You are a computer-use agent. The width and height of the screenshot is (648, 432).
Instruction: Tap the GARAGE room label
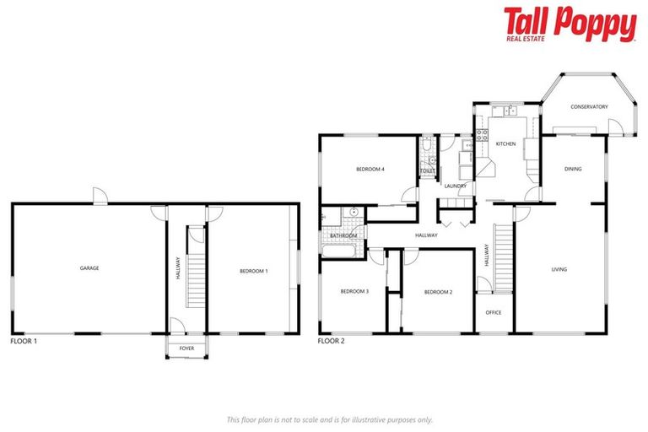pos(89,268)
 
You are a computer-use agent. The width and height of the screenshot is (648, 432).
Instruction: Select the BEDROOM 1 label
pos(253,271)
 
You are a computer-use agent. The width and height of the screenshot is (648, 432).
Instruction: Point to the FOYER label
pos(186,348)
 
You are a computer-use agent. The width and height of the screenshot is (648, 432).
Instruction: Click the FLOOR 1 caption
pos(24,342)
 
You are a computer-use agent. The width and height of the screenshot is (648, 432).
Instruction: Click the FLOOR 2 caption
pos(331,342)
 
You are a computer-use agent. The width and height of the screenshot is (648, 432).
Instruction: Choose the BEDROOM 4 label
pos(370,170)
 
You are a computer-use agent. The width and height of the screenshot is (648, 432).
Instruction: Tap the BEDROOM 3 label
pos(354,292)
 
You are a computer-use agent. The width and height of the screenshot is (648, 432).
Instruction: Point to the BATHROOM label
pos(343,235)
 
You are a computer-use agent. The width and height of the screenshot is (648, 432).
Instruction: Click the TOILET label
pos(428,171)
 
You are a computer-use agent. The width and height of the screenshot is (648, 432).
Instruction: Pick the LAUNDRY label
pos(456,186)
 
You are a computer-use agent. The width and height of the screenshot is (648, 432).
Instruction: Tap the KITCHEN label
pos(505,144)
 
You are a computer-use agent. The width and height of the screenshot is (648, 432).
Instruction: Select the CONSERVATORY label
pos(589,107)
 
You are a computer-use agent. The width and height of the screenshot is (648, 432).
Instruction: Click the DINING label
pos(573,170)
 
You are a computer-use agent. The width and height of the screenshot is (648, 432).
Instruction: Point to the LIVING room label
pos(559,270)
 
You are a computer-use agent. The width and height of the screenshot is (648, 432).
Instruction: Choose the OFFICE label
pos(494,312)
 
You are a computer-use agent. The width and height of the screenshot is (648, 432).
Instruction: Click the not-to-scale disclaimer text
pos(329,419)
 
